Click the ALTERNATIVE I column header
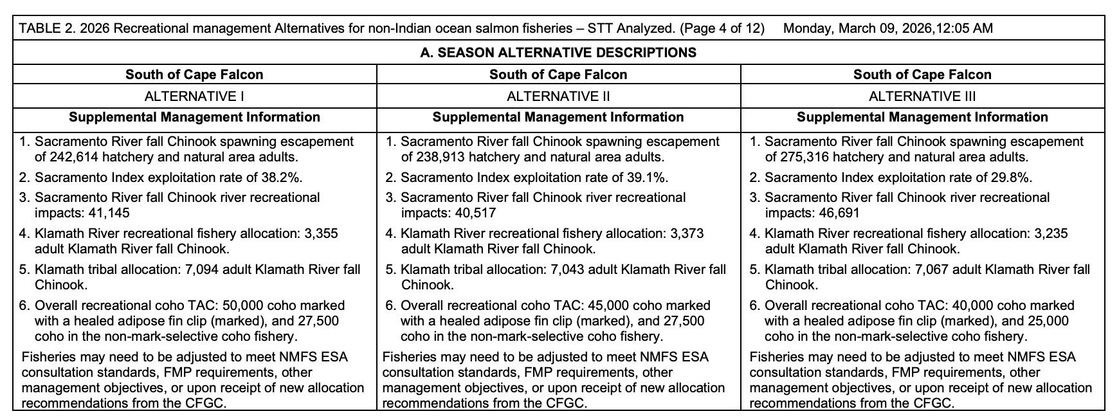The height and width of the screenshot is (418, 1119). click(194, 96)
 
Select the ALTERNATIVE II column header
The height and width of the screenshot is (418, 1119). click(558, 96)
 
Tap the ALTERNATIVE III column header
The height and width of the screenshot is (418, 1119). click(922, 96)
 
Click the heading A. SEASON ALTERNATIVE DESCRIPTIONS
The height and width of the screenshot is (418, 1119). click(558, 53)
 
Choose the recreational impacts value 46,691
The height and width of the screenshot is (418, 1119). click(838, 213)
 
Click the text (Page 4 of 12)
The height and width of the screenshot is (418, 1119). click(722, 28)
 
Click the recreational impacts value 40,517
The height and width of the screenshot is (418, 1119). click(474, 213)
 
